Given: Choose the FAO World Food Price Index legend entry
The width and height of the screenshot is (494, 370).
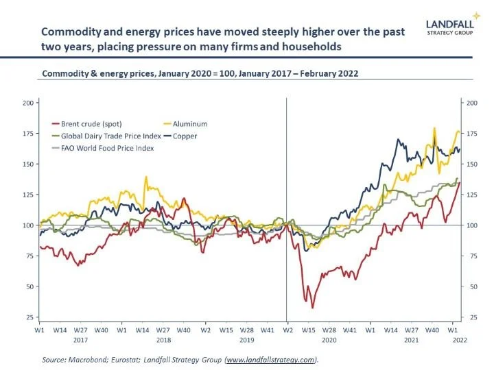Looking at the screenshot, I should coord(103,147).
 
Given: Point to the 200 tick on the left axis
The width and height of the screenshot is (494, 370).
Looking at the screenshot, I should coord(28,103).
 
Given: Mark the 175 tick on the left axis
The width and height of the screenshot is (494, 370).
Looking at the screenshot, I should coord(28,134).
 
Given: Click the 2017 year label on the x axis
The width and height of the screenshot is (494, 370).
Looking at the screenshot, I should coord(81,338).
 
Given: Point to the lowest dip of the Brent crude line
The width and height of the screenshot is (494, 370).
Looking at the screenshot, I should coord(313,308).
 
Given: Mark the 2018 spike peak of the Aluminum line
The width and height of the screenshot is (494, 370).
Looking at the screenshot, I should coord(145,177).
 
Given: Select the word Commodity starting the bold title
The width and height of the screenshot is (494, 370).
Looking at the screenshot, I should coord(71,32).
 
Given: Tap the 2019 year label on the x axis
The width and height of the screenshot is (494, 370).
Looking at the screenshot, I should coord(246,338).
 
